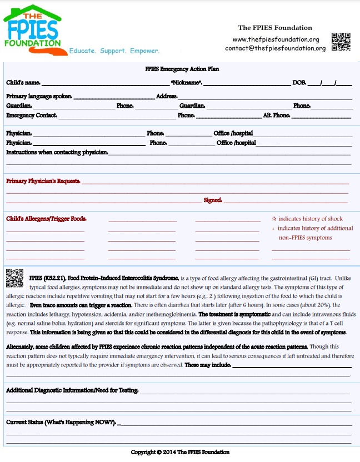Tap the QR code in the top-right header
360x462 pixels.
click(341, 42)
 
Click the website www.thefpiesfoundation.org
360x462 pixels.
click(276, 39)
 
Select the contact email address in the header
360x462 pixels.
click(275, 48)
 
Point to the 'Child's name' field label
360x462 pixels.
click(23, 83)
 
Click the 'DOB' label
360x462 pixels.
click(299, 83)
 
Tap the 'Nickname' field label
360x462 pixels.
click(187, 83)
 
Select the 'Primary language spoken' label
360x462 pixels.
click(39, 96)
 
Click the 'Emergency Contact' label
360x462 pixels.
click(31, 115)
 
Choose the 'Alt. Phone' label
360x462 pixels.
click(276, 115)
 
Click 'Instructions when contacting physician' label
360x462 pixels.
click(57, 152)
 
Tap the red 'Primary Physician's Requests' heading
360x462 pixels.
click(43, 181)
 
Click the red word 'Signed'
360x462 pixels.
click(213, 200)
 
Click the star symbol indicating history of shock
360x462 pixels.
click(274, 219)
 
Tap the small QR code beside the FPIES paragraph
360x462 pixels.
click(15, 278)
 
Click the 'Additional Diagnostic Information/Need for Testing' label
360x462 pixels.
click(72, 390)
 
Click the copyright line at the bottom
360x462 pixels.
click(180, 453)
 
